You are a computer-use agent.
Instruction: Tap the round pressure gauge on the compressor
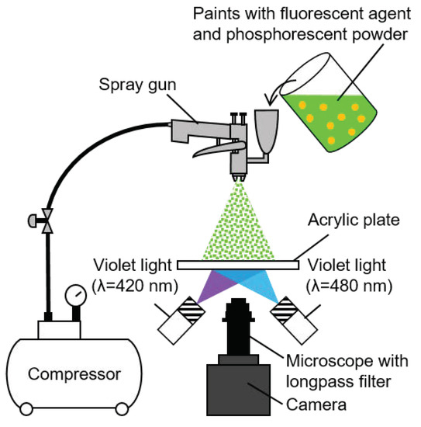[75, 297]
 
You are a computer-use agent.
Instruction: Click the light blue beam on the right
[267, 287]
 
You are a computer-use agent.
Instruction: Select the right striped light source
[295, 319]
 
